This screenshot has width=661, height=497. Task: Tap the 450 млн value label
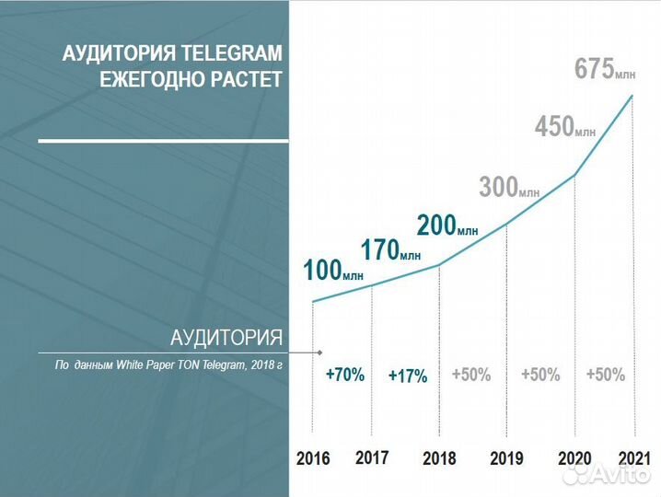564,127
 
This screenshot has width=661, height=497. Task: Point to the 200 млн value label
446,226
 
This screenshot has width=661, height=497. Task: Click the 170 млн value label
389,249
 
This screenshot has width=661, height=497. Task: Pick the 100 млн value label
332,271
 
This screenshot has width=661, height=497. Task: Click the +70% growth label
345,375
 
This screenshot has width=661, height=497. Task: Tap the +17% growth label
407,376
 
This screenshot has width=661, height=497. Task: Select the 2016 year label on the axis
313,458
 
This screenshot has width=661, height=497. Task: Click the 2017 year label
372,457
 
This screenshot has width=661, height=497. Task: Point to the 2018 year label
439,458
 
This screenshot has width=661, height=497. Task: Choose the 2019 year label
507,458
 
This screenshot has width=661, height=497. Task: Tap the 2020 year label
576,457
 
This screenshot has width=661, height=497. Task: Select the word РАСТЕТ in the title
246,79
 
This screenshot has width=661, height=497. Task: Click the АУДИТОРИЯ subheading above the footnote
226,335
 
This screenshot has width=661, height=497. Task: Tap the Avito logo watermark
608,477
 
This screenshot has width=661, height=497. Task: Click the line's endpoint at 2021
633,95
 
